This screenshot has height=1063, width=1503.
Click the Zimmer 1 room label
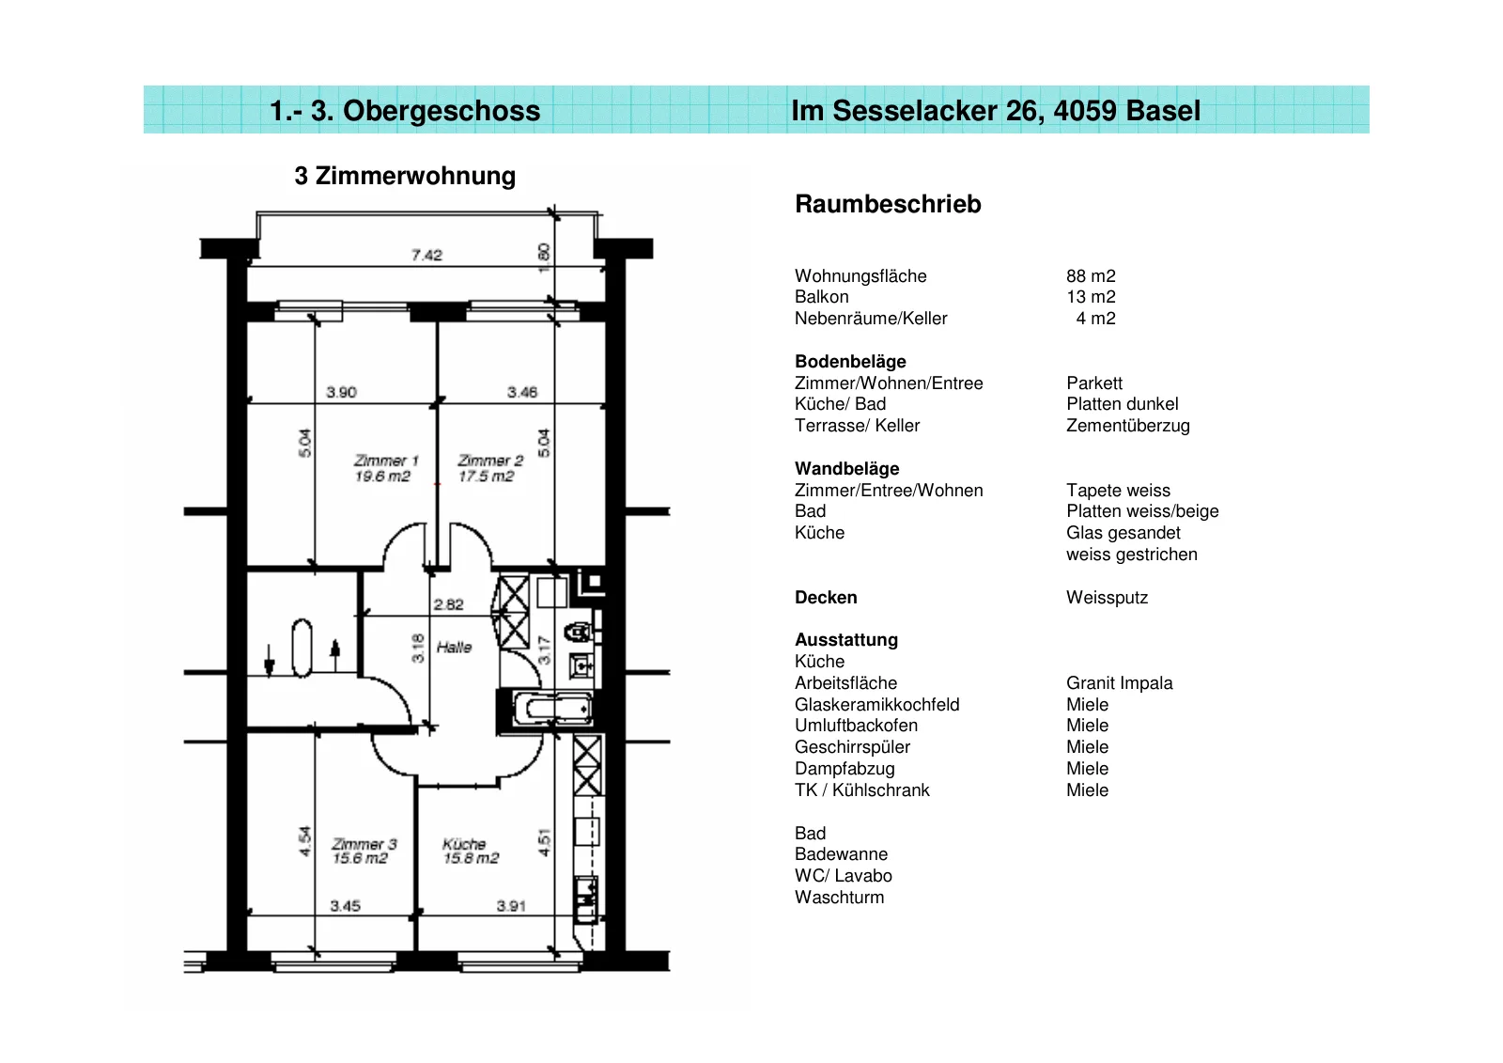(x=386, y=461)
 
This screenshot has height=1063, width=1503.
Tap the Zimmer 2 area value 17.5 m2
(x=486, y=477)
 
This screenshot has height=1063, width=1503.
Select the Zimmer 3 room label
(x=364, y=843)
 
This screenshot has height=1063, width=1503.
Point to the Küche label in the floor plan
(x=464, y=843)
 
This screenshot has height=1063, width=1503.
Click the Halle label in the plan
(x=455, y=647)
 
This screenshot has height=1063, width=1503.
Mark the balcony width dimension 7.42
(x=426, y=255)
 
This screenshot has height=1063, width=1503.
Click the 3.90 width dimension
(x=342, y=392)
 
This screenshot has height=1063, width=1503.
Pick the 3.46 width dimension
(x=522, y=392)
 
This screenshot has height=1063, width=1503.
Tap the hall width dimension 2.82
(x=448, y=604)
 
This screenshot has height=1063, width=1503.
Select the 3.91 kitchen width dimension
(x=511, y=906)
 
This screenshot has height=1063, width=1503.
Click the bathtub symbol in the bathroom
(x=553, y=709)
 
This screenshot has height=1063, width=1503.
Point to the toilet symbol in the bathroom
(x=579, y=632)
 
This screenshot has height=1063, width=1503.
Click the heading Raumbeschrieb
(x=888, y=203)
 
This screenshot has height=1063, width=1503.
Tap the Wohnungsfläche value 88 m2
(x=1091, y=276)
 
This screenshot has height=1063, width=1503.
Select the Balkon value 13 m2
(x=1091, y=297)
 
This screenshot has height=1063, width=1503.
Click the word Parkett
(x=1094, y=383)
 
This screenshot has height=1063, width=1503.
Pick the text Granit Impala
(x=1119, y=683)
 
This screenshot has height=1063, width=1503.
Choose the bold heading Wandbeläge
(x=846, y=469)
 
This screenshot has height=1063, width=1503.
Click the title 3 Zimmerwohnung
(x=405, y=176)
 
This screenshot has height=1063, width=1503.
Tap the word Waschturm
(x=840, y=898)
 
